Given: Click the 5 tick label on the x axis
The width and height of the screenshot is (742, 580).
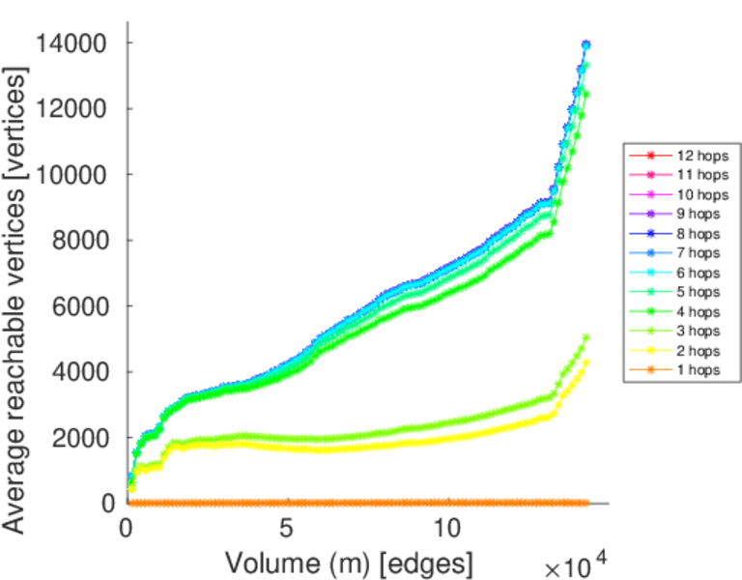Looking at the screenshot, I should coord(286,530).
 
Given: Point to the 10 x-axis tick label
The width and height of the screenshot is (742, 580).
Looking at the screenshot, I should coord(446,530).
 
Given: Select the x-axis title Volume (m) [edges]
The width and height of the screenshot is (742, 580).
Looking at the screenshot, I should coord(349,562).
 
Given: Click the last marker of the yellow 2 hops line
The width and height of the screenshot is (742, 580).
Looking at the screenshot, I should coord(585,362).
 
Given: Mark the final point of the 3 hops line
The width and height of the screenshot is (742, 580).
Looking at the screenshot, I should coord(585,337).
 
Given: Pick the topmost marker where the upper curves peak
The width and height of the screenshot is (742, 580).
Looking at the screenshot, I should coord(585,45).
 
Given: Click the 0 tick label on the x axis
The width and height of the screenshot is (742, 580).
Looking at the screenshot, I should coord(127,530).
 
